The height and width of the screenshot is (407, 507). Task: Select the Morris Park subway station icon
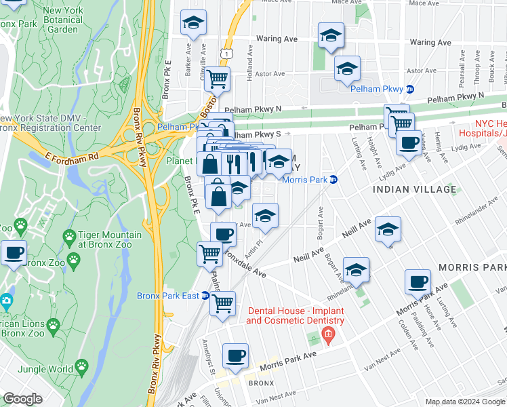333,180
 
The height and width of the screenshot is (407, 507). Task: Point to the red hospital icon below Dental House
328,334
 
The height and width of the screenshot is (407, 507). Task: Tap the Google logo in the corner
22,399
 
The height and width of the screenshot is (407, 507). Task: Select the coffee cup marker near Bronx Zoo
14,252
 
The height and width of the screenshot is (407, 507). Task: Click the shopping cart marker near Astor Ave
217,79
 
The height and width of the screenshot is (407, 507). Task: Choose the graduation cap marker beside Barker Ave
193,22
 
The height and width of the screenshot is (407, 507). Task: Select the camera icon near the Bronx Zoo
6,301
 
